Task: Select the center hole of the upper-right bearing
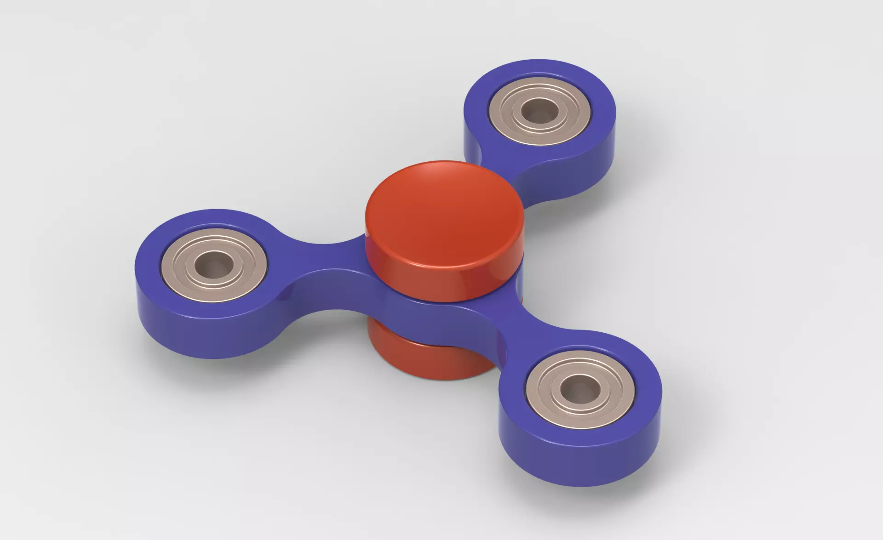pyautogui.click(x=539, y=110)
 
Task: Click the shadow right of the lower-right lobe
pyautogui.click(x=676, y=441)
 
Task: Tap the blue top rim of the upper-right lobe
pyautogui.click(x=543, y=69)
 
